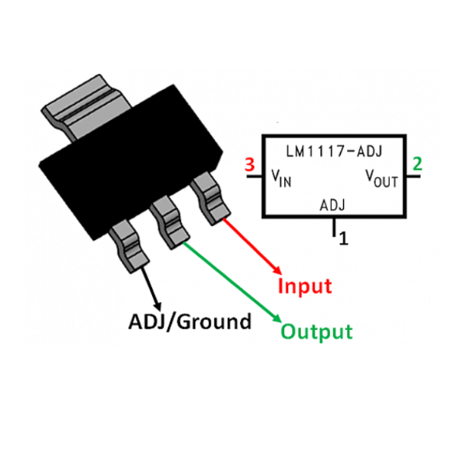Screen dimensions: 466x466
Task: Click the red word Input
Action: [305, 286]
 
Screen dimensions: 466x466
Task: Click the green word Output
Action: [316, 332]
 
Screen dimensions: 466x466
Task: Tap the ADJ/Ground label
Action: [190, 321]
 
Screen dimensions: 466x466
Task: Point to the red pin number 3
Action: [249, 165]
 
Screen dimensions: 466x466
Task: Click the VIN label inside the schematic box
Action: [280, 180]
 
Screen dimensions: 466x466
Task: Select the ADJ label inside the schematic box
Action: [332, 206]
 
